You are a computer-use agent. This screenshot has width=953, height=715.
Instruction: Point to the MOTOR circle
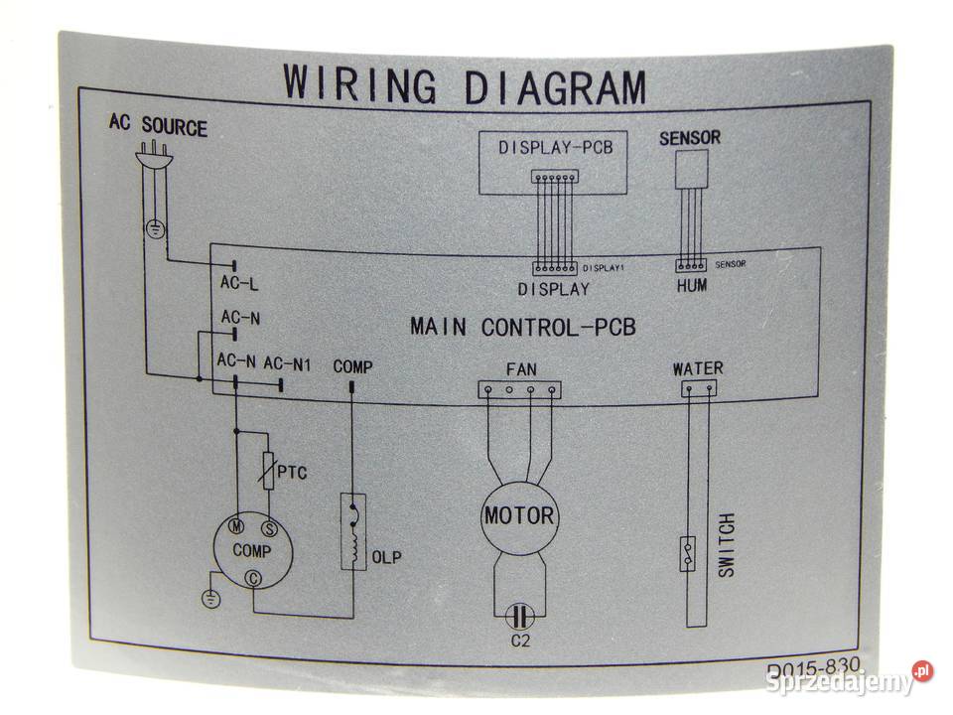coord(518,516)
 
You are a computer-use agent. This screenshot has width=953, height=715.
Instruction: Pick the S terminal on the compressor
coord(267,526)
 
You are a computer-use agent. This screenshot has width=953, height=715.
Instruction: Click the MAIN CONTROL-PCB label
coord(522,326)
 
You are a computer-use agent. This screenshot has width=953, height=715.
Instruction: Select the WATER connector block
coord(699,389)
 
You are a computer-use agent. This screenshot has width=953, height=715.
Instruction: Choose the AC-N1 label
coord(288,365)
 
